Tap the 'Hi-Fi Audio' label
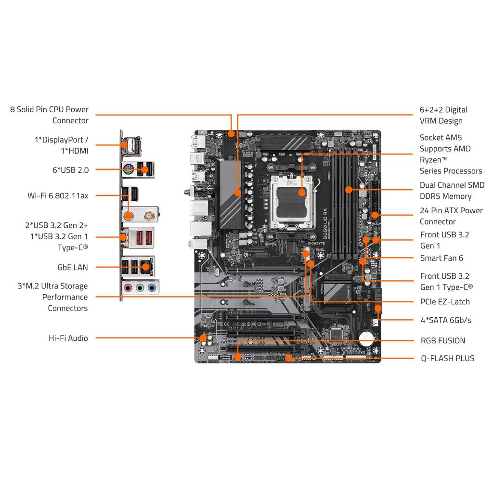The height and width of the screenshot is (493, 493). tap(68, 338)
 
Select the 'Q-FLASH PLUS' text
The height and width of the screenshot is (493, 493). tap(447, 358)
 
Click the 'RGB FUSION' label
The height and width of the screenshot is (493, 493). tap(443, 340)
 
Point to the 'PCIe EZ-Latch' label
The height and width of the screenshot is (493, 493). tap(444, 302)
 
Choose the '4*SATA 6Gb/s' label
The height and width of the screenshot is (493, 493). tap(445, 320)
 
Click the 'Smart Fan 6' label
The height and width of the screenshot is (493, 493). tap(441, 258)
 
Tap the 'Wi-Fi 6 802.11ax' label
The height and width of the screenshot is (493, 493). tap(58, 195)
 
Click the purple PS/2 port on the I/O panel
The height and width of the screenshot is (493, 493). tap(128, 169)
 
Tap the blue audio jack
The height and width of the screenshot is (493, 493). tap(152, 288)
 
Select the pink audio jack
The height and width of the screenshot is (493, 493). tap(128, 288)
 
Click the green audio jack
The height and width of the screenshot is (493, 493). tap(140, 288)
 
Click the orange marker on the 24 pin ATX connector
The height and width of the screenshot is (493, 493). tap(375, 215)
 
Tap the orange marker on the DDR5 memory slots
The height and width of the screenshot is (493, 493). tap(348, 190)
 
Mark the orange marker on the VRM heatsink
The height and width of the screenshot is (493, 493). tap(237, 193)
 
